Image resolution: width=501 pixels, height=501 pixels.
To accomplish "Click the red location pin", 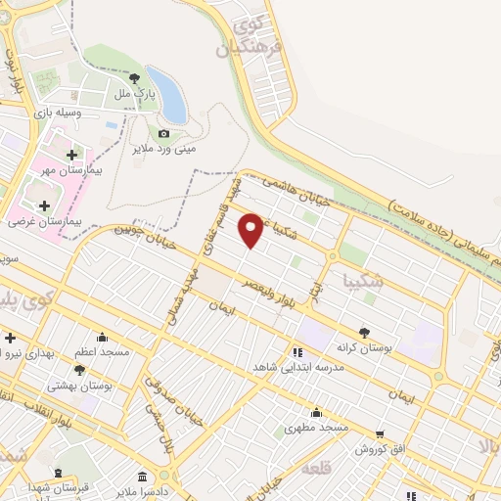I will tap(252, 230).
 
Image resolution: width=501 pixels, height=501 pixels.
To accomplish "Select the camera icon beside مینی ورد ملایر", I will tap(163, 133).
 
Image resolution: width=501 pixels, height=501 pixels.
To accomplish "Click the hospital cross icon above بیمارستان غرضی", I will tap(44, 205).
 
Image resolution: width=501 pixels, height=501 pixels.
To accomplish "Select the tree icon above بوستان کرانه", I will tap(364, 333).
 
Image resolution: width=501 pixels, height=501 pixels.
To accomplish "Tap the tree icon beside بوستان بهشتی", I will tap(79, 370).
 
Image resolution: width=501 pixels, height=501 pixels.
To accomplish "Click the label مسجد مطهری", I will tap(310, 427).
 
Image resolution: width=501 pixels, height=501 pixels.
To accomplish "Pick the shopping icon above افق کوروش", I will tap(379, 433).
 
